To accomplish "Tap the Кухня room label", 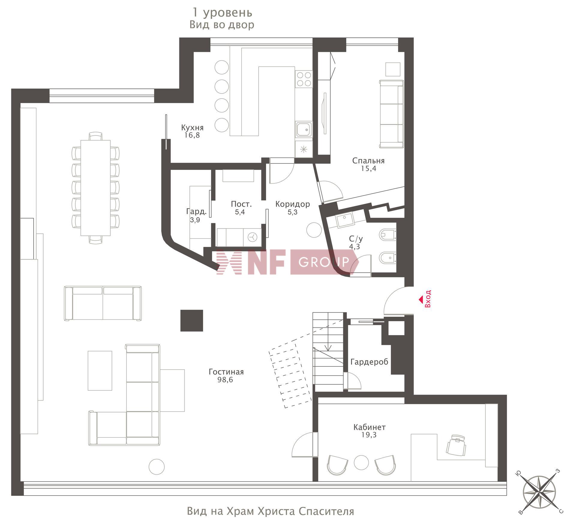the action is click(x=192, y=128).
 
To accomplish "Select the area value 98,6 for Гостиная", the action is click(x=225, y=380).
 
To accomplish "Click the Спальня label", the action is click(x=368, y=161).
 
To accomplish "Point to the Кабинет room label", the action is click(x=369, y=427).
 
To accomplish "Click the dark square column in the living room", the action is click(x=192, y=321).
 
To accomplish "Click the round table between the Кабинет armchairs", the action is click(x=361, y=462).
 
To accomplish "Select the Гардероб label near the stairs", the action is click(x=369, y=362).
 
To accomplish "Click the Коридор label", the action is click(x=292, y=204).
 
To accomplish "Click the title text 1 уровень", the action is click(x=222, y=13).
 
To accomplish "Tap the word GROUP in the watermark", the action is click(x=324, y=262).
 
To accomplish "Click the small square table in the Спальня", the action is click(x=393, y=70).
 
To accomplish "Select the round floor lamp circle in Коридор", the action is click(x=314, y=230).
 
